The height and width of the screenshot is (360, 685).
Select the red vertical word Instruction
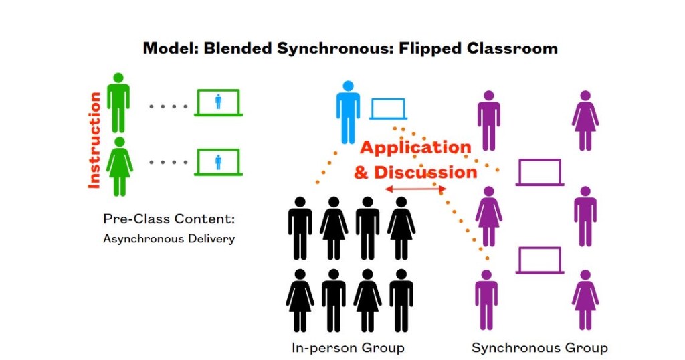click(x=94, y=141)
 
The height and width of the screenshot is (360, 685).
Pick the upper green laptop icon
click(x=218, y=102)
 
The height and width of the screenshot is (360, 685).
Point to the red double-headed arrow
click(x=415, y=190)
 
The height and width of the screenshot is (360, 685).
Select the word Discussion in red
click(x=425, y=172)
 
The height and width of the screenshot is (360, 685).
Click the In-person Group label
click(x=348, y=348)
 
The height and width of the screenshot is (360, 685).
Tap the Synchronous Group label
click(x=539, y=348)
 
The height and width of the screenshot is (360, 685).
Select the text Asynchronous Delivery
click(x=169, y=238)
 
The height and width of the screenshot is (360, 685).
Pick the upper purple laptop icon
click(x=539, y=172)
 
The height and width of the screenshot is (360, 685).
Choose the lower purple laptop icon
click(x=539, y=260)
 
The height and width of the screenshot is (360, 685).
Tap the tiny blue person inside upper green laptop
click(x=218, y=101)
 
